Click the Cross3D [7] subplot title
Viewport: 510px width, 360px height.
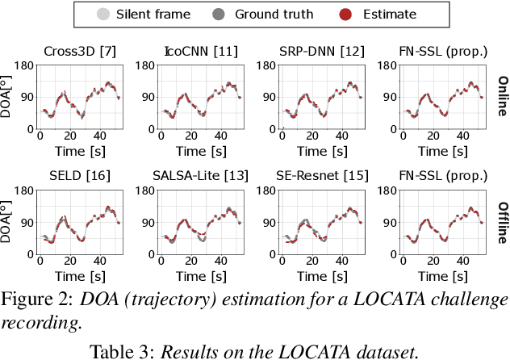79,51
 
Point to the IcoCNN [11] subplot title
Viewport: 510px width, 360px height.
200,51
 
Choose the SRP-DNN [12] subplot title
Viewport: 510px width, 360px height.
321,51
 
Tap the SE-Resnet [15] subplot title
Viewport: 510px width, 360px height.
321,175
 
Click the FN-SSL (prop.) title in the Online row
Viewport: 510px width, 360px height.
441,51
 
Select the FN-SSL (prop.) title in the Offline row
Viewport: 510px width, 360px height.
441,175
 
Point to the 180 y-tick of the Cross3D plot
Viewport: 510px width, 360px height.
25,66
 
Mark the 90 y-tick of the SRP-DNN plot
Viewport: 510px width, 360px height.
270,97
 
